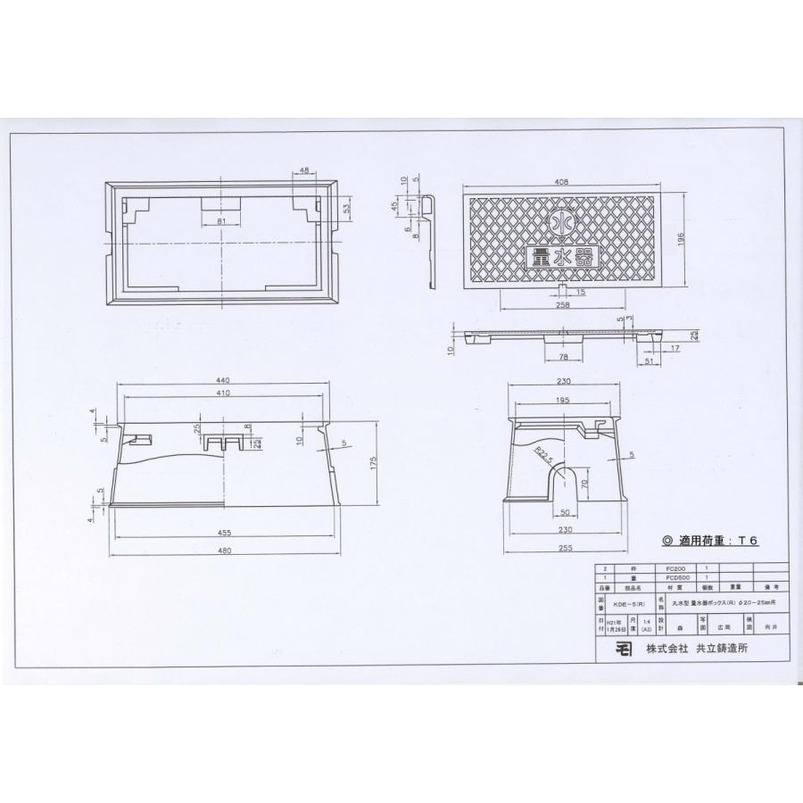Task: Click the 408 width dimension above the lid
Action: [561, 182]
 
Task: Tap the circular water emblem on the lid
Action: [561, 219]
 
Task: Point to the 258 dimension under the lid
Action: [561, 305]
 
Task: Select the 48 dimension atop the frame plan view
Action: [304, 170]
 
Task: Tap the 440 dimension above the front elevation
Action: [224, 379]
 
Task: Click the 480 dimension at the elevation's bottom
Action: [224, 551]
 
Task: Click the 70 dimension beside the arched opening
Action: [585, 486]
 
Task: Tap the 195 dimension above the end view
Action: [564, 401]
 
